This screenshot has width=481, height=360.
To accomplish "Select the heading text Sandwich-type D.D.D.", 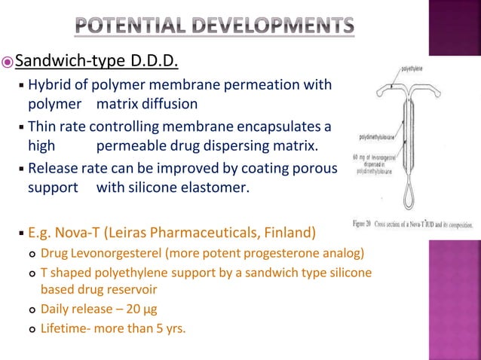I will [x=97, y=59].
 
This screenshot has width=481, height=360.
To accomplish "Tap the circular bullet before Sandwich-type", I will [x=8, y=60].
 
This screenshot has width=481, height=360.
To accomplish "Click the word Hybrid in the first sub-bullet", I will [x=49, y=85].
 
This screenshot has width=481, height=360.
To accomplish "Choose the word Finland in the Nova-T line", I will [x=289, y=230].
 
